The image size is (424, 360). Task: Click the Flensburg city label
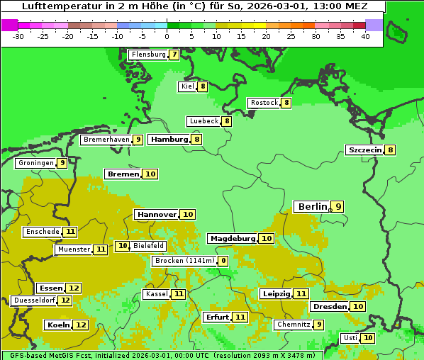[148, 55]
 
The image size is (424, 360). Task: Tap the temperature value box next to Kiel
[203, 86]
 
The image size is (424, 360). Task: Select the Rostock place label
[264, 103]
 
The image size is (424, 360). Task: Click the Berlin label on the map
[313, 206]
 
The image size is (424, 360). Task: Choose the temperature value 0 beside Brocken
[223, 261]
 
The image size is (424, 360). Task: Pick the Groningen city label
[36, 163]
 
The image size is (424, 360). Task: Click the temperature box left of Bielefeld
[122, 246]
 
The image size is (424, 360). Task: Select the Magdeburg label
[233, 238]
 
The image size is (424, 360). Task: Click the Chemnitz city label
[294, 325]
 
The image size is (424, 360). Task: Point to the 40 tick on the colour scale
[365, 36]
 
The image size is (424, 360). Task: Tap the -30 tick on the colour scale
[18, 36]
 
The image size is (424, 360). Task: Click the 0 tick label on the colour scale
[167, 36]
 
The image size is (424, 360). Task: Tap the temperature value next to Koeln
[81, 325]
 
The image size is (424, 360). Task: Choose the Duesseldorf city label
[34, 300]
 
